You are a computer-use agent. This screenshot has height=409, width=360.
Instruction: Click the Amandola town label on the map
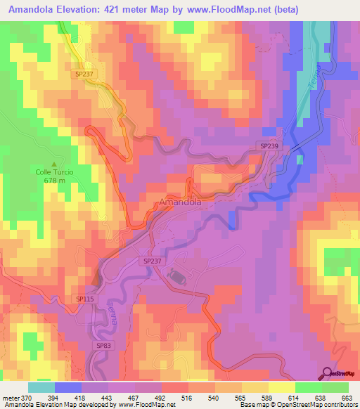[181, 202]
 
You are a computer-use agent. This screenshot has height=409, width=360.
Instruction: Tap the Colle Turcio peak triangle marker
[54, 163]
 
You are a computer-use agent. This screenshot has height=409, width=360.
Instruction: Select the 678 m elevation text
[54, 180]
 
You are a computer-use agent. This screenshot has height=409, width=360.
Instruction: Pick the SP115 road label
[84, 299]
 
